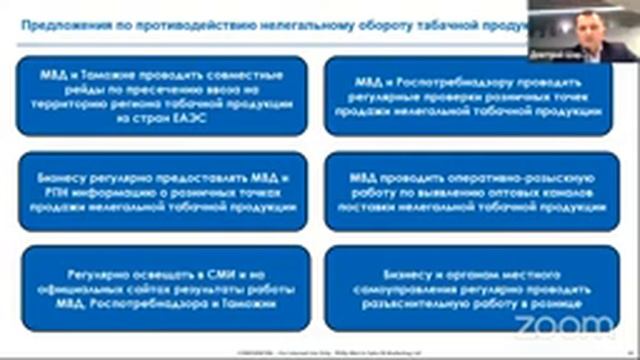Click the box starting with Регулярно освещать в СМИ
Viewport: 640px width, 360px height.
click(x=163, y=286)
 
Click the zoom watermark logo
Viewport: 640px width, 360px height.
click(x=567, y=324)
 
